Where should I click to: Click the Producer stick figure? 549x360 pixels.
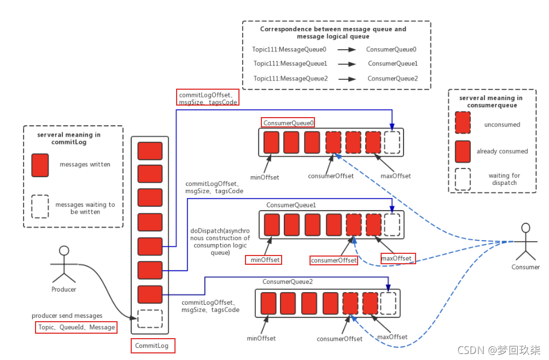pos(64,265)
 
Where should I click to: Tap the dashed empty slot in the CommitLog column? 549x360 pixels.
pos(150,318)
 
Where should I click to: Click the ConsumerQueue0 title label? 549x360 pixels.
pos(289,123)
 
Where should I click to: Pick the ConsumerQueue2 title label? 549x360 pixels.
pos(288,282)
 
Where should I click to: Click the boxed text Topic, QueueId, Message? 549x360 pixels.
pos(76,327)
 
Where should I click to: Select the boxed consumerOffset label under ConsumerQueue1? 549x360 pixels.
pos(334,260)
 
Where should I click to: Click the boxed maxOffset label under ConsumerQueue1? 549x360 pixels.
pos(397,258)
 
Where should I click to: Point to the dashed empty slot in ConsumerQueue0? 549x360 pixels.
pos(392,142)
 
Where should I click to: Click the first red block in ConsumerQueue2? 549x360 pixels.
pos(268,303)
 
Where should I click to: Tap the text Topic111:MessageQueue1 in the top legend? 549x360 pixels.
pos(290,63)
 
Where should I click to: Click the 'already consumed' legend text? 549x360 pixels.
pos(502,151)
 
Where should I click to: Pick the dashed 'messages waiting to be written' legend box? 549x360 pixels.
pos(40,206)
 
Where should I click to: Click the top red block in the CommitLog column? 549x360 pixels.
pos(150,151)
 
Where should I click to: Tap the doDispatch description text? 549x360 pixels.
pos(221,241)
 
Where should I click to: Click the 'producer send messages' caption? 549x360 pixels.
pos(67,316)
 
